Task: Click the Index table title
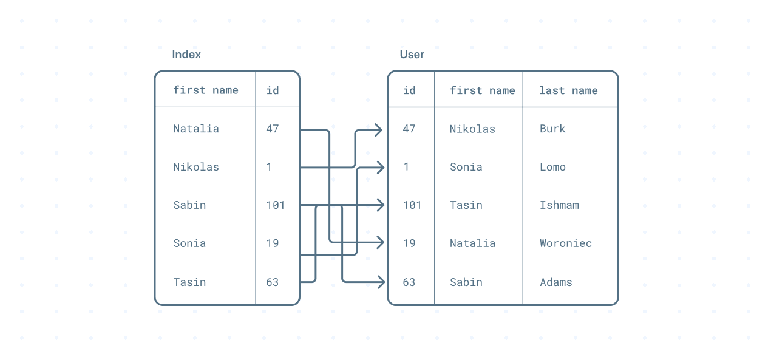[x=186, y=55]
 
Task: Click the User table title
[x=412, y=55]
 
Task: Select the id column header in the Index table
[x=273, y=90]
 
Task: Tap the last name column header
[x=568, y=90]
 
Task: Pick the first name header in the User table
[x=482, y=90]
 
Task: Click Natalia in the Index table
[x=196, y=129]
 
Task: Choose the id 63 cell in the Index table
[x=273, y=282]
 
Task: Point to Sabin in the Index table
[x=189, y=205]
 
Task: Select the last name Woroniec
[x=565, y=243]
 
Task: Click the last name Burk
[x=552, y=129]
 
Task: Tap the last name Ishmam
[x=559, y=205]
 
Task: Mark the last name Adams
[x=555, y=282]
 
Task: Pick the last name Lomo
[x=552, y=167]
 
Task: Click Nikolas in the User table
[x=472, y=129]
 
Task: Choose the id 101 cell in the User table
[x=412, y=205]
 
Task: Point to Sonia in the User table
[x=466, y=167]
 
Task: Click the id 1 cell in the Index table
[x=269, y=167]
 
